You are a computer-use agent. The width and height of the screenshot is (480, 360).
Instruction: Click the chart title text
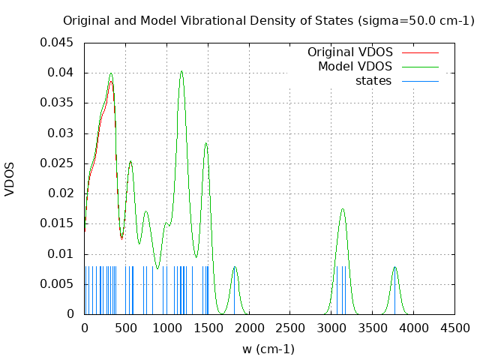click(x=268, y=20)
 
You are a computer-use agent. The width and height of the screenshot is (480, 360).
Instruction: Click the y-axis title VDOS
click(x=10, y=179)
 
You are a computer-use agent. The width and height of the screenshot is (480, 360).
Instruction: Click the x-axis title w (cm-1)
click(x=268, y=349)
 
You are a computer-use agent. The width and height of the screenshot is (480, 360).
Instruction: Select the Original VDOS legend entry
click(x=349, y=52)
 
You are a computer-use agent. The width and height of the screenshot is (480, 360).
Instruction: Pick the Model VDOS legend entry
click(x=355, y=67)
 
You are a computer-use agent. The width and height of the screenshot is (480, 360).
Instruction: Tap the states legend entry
click(x=373, y=81)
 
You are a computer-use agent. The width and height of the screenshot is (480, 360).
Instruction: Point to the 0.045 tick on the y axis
click(x=57, y=43)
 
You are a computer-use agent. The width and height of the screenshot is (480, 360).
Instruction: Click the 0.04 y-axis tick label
click(x=60, y=73)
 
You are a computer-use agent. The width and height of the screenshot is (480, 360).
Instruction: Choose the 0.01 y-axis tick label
click(x=60, y=253)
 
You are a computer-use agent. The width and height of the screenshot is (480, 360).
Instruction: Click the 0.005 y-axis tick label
click(x=57, y=283)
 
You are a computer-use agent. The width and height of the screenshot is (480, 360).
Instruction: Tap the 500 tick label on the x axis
click(x=125, y=328)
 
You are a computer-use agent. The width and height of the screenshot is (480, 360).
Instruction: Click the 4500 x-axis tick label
click(x=454, y=328)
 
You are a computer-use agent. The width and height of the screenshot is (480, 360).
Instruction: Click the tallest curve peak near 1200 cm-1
click(x=181, y=72)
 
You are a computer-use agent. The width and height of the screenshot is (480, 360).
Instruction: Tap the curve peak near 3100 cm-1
click(x=343, y=209)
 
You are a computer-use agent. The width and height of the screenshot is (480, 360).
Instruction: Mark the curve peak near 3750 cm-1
click(x=394, y=267)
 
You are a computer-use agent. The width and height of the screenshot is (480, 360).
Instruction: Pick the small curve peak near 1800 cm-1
click(x=235, y=267)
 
